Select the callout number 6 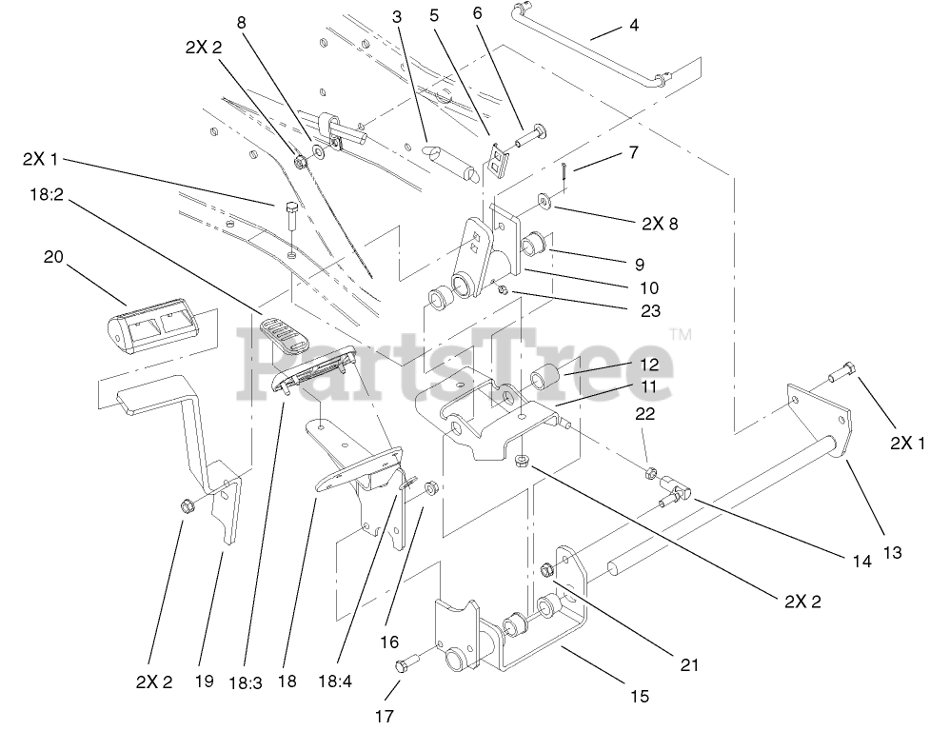click(x=477, y=14)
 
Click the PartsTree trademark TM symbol click(x=680, y=334)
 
